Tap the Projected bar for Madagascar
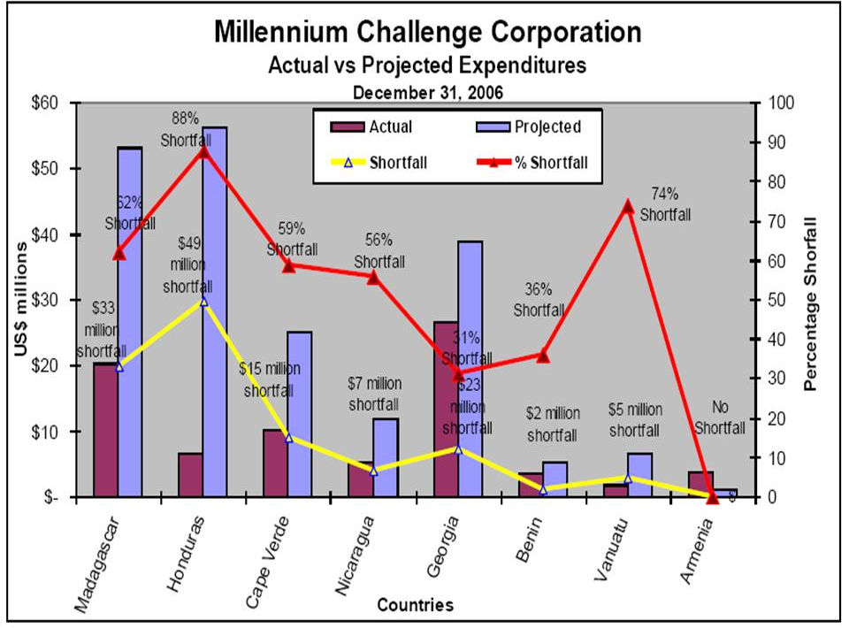click(130, 265)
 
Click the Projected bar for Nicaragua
click(385, 456)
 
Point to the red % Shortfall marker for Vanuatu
click(628, 207)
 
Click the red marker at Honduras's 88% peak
click(203, 151)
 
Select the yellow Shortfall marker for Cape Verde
click(288, 437)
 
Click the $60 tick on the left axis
click(44, 103)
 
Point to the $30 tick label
click(44, 300)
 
